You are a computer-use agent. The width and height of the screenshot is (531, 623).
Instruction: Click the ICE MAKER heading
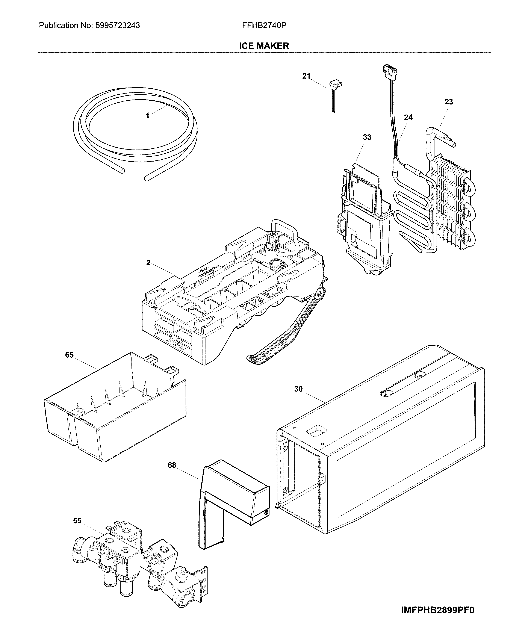coord(264,46)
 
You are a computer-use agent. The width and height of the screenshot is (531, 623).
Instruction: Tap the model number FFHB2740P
coord(264,26)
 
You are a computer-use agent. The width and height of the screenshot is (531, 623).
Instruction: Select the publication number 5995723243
coord(117,26)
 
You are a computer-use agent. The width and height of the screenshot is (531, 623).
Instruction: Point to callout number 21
coord(306,76)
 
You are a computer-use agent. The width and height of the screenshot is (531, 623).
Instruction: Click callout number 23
coord(449,102)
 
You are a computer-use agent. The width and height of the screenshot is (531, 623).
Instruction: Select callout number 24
coord(408,118)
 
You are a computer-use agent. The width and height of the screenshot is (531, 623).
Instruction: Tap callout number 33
coord(367,138)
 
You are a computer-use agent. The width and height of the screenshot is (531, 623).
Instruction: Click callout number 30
coord(298,389)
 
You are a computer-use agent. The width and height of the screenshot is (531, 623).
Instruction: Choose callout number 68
coord(172,466)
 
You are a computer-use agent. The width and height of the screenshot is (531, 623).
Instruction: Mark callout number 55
coord(77,521)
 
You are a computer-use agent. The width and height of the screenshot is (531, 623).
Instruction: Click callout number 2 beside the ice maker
coord(148,263)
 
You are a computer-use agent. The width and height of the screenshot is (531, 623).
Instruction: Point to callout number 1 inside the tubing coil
coord(147,115)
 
